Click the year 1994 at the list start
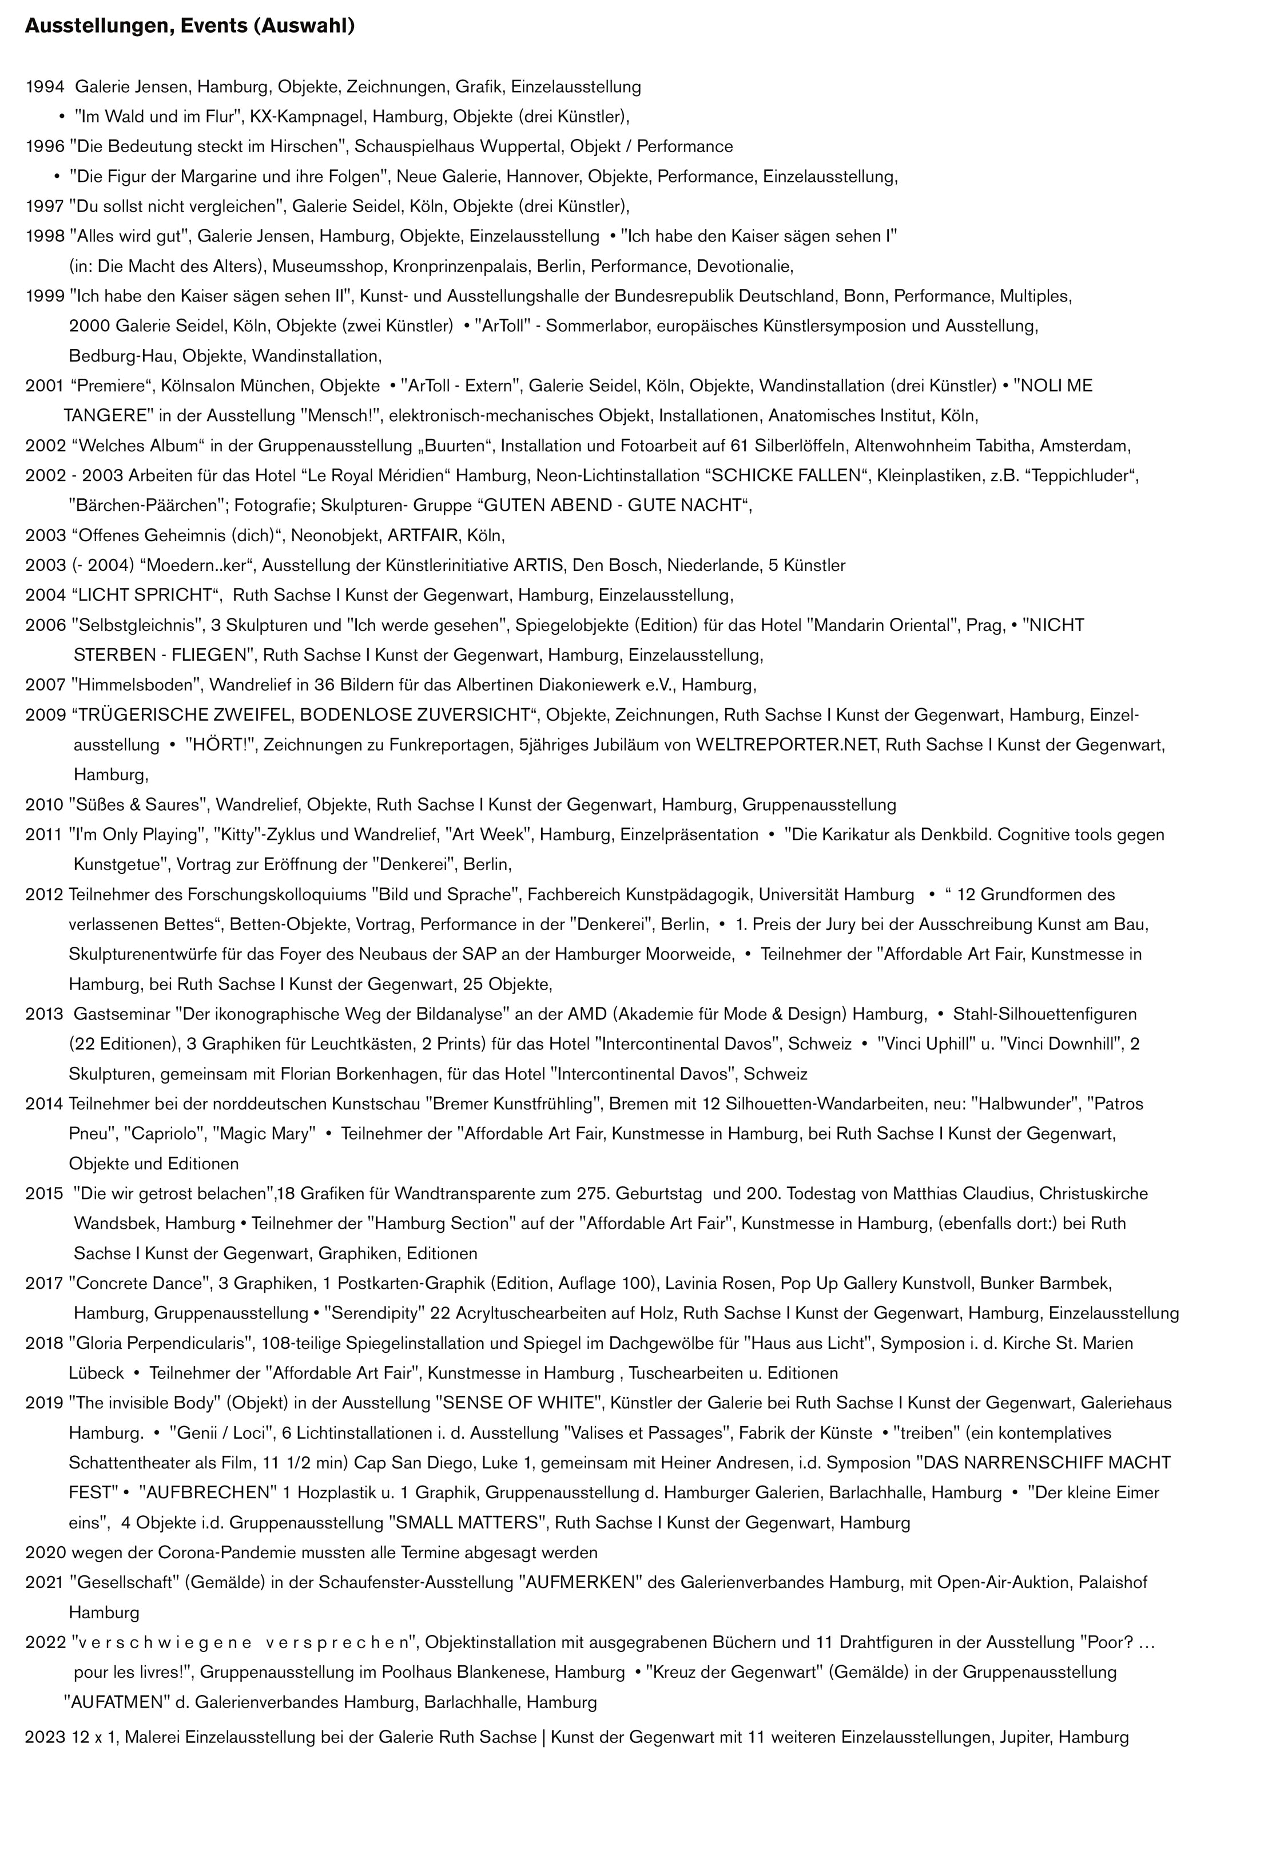[x=44, y=87]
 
